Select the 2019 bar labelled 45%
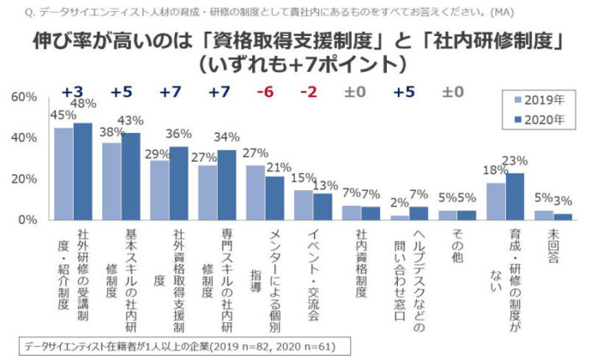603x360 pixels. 64,173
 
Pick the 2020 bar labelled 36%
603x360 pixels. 179,183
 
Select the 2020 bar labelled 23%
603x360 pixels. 515,196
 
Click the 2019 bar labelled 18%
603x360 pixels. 496,201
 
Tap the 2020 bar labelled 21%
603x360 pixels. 275,198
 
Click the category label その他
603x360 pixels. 456,248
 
